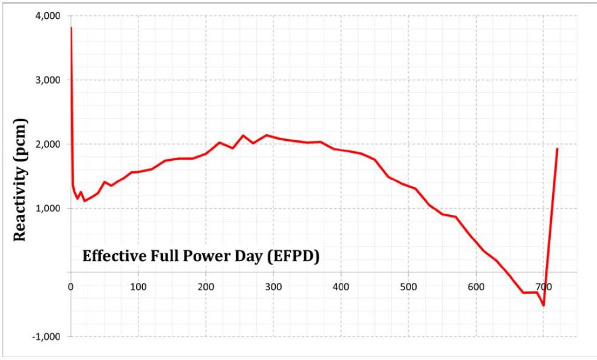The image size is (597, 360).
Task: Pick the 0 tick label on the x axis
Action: pos(71,287)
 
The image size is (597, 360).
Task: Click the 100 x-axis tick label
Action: pos(138,287)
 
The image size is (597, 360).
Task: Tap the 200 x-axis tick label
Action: pos(206,287)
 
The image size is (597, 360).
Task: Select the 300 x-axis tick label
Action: pos(273,287)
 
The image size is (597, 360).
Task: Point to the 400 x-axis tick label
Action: pos(341,287)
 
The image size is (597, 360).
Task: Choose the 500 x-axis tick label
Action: pos(409,287)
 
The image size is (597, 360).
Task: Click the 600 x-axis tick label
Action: pos(476,287)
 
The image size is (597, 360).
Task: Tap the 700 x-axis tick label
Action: pos(544,287)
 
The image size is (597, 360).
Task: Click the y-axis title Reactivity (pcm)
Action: pos(20,180)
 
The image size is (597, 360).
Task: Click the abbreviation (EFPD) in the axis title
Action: pos(293,256)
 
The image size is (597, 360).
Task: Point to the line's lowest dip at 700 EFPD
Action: pos(544,305)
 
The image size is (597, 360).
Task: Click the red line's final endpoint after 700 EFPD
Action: pos(557,149)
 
